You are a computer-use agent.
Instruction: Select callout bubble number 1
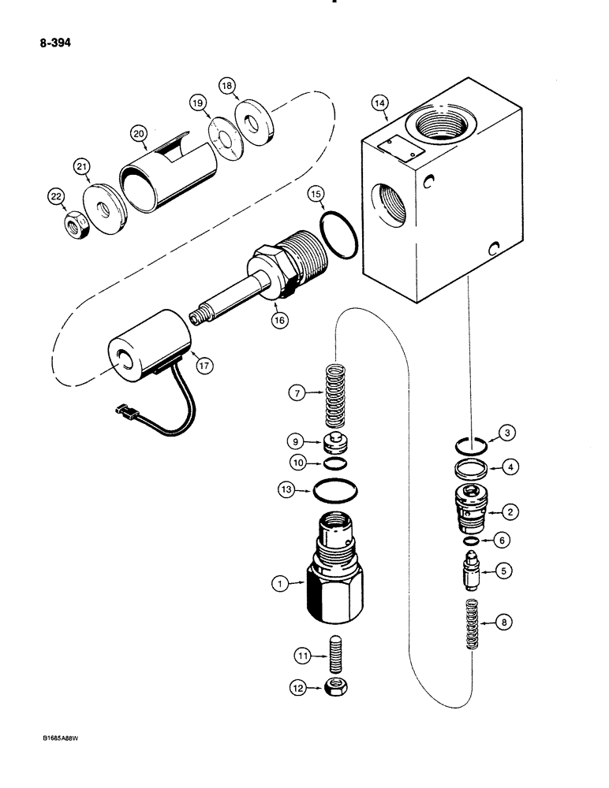pyautogui.click(x=277, y=584)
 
